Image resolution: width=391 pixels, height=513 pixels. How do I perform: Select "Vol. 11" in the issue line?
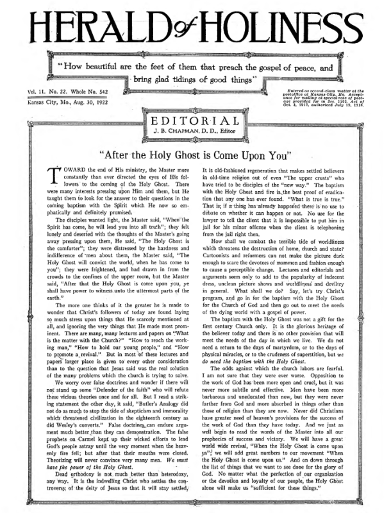[x=37, y=93]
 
